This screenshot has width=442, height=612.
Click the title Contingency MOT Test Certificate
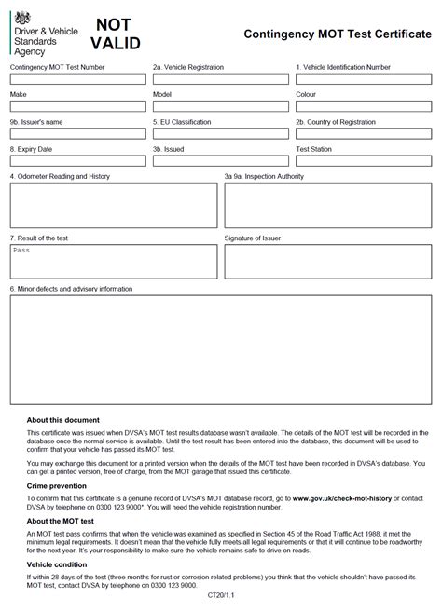click(x=337, y=32)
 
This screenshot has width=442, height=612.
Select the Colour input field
click(x=362, y=107)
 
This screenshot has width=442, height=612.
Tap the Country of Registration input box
click(x=362, y=134)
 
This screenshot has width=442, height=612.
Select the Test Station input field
click(x=362, y=161)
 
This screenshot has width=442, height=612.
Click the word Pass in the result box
click(x=21, y=251)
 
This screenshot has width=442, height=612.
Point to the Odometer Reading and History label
click(x=60, y=175)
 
